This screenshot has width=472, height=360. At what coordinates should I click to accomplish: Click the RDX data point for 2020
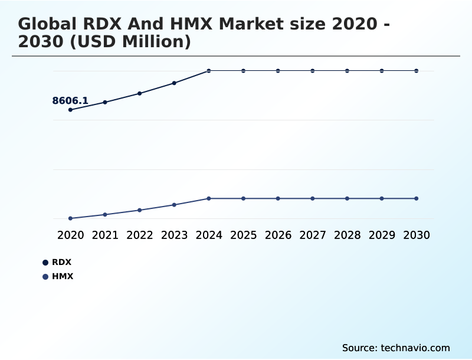point(71,110)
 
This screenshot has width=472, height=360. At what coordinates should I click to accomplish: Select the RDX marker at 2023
point(174,83)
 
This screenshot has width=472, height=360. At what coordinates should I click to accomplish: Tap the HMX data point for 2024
point(209,198)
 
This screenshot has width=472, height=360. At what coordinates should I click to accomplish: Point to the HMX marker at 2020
point(71,218)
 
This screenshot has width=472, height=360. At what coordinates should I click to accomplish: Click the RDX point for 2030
point(416,71)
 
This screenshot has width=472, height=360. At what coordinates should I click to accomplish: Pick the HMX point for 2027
point(313,198)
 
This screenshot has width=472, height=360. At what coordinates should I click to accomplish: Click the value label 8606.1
point(70,101)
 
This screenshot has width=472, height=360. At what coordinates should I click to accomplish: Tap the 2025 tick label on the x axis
point(243,235)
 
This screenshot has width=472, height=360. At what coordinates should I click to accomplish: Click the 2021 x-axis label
point(105,235)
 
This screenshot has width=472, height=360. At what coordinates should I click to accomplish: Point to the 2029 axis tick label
point(382,235)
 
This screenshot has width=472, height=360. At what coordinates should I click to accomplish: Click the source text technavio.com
point(416,348)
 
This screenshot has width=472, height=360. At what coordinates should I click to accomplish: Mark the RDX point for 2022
point(140,93)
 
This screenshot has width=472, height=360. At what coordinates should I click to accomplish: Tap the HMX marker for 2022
point(140,210)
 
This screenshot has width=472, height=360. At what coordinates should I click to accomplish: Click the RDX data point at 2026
point(278,71)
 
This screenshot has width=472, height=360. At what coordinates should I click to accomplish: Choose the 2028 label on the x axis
point(347,235)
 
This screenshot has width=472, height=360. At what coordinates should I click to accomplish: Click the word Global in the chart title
point(47,24)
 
